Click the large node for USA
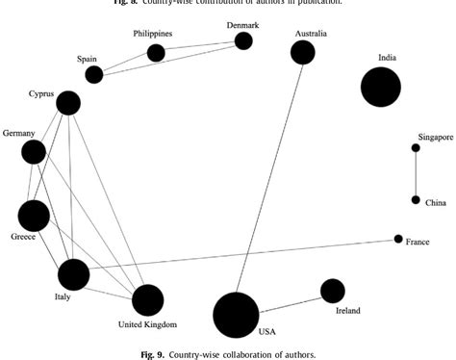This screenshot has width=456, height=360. tap(236, 315)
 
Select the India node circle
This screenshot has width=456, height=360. tap(380, 87)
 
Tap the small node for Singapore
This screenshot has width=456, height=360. tap(416, 147)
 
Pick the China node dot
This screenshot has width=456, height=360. tap(416, 200)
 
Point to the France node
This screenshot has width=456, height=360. tap(398, 239)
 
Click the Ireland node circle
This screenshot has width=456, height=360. tap(332, 290)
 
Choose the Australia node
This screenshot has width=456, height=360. tap(303, 52)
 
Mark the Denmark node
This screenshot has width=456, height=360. tap(243, 40)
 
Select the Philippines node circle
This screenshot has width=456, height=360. tap(156, 52)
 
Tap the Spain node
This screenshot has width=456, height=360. tap(93, 74)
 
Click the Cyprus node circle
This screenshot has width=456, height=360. tap(67, 101)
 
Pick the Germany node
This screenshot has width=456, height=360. tap(34, 151)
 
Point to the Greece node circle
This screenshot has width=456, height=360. tap(34, 216)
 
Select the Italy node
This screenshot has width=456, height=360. tap(73, 274)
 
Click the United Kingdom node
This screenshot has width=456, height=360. tap(148, 300)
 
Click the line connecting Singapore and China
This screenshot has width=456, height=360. tap(416, 173)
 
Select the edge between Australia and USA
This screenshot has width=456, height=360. tap(269, 183)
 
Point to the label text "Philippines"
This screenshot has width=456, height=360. tap(153, 35)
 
